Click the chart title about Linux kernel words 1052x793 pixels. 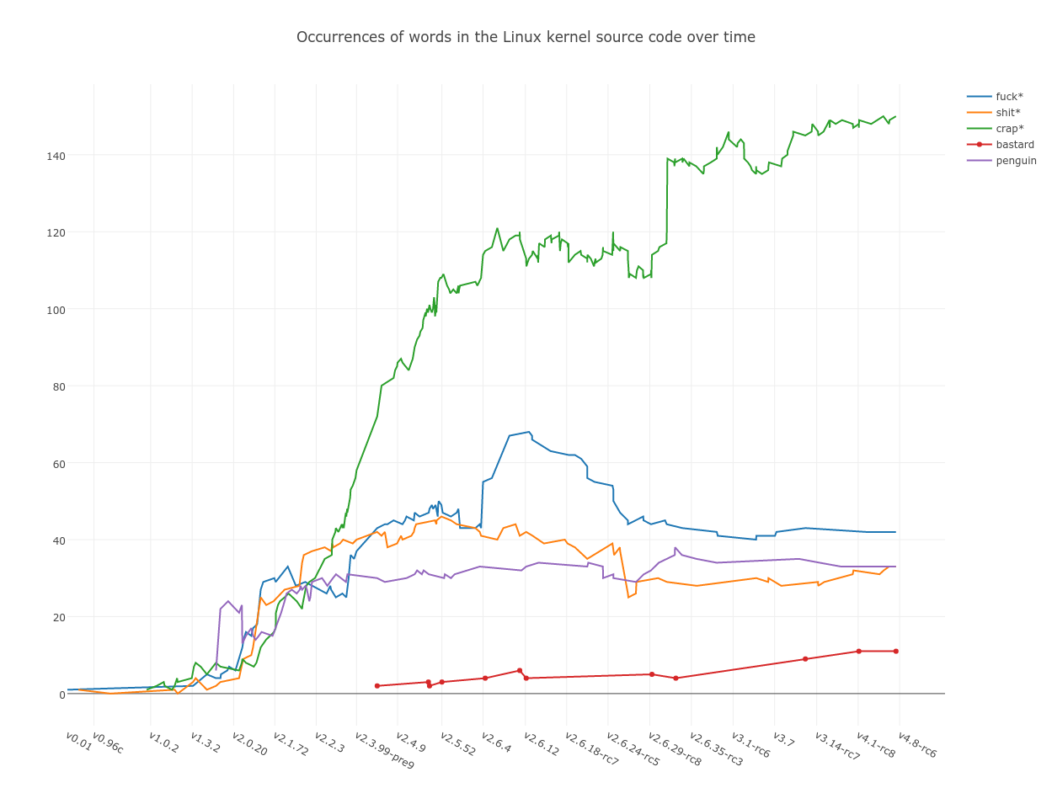[526, 37]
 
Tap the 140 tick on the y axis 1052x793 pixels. [56, 156]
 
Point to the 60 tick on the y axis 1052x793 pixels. [59, 464]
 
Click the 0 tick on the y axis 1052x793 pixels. [61, 695]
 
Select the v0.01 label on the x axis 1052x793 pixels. [79, 741]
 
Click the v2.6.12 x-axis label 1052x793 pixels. [541, 743]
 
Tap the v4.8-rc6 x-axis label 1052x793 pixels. [916, 744]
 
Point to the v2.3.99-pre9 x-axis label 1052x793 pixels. [384, 749]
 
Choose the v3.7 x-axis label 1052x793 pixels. [783, 739]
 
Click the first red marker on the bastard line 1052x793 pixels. [377, 686]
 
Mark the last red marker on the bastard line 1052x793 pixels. [895, 652]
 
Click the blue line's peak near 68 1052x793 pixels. [529, 432]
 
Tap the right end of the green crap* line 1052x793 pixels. [895, 117]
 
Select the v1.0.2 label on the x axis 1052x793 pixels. [163, 742]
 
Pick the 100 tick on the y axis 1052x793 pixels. [56, 310]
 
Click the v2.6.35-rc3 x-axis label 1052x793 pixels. [716, 748]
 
